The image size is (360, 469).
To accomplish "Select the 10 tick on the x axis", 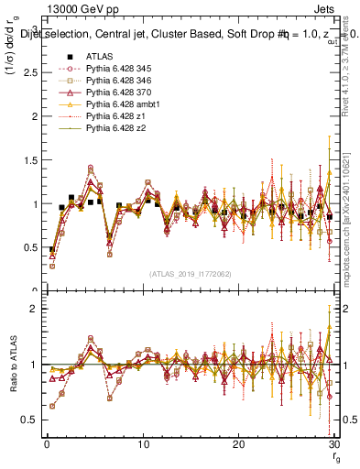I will [142, 444].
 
